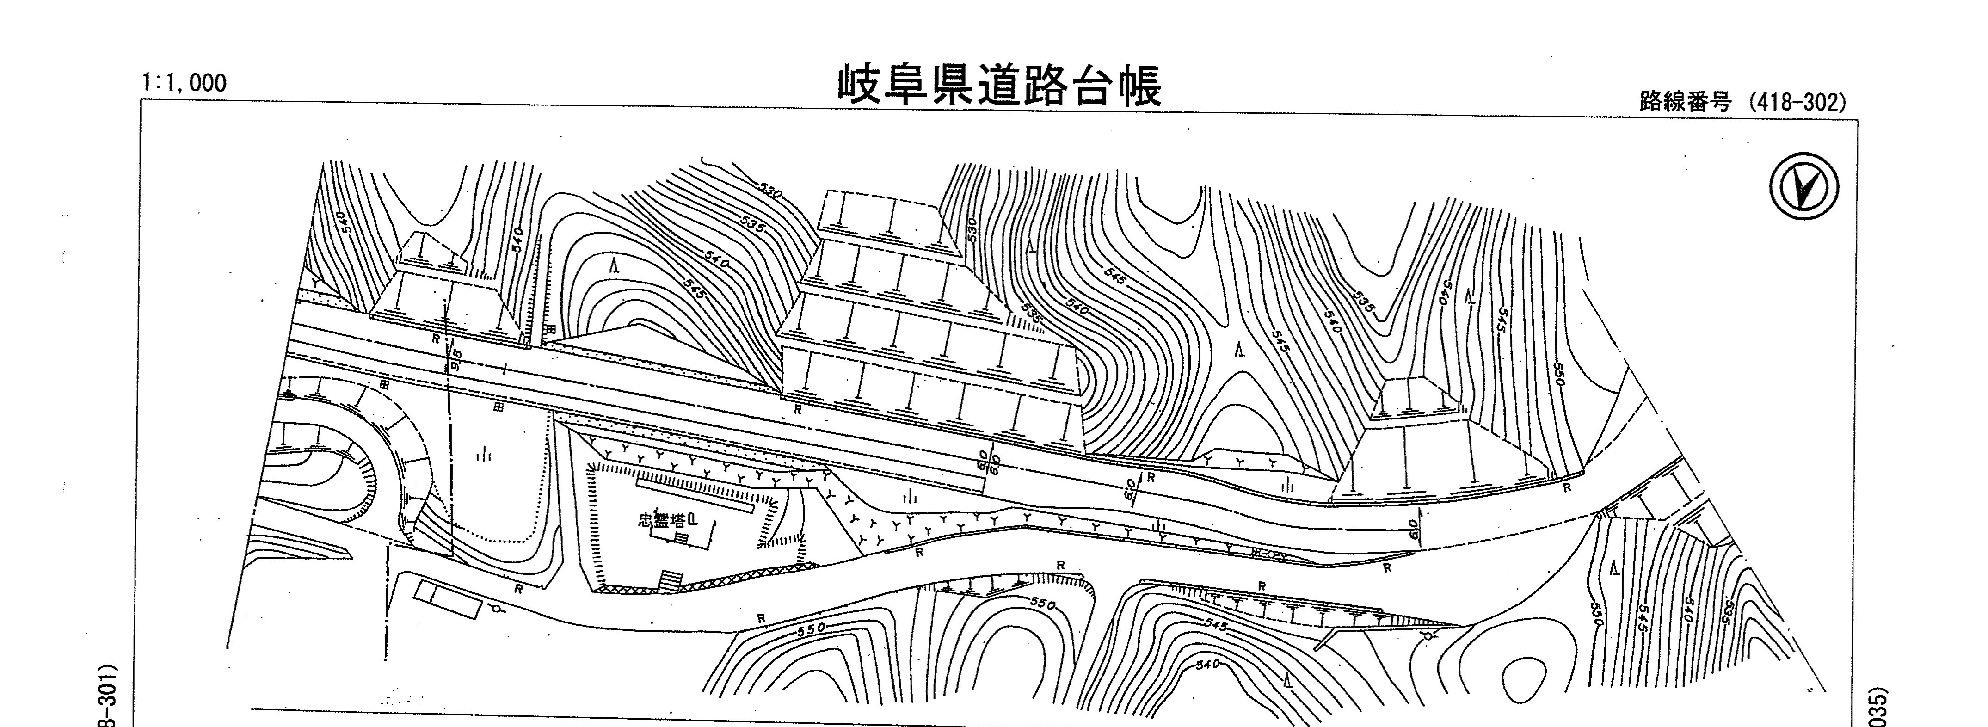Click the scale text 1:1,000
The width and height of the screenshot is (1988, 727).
(x=184, y=83)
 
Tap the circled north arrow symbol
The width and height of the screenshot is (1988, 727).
(x=1803, y=186)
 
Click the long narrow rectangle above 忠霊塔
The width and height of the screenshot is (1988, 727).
(x=695, y=495)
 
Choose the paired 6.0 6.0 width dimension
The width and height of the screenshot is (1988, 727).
(x=988, y=462)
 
